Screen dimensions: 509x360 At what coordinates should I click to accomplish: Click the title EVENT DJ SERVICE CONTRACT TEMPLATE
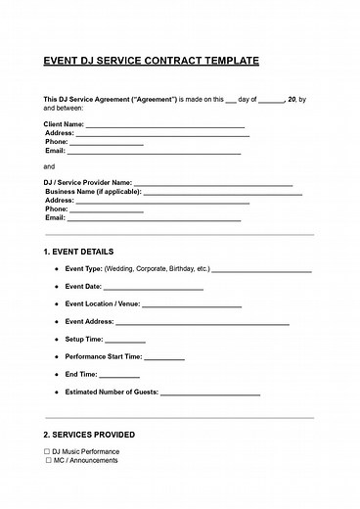[152, 61]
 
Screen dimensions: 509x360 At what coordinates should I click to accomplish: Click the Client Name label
[65, 125]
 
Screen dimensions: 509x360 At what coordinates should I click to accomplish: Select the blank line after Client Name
[165, 127]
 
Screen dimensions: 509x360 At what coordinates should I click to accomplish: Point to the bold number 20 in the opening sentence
[291, 100]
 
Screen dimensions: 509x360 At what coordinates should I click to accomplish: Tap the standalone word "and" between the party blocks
[50, 166]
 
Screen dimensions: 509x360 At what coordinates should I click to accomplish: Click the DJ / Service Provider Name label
[88, 183]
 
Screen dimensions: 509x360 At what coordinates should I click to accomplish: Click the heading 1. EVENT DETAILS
[79, 252]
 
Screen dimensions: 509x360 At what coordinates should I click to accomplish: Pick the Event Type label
[83, 268]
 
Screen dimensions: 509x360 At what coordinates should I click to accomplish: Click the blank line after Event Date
[154, 288]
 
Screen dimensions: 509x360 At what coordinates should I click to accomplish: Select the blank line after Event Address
[202, 323]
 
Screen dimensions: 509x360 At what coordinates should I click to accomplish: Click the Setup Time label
[84, 340]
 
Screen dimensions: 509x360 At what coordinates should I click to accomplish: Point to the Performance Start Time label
[104, 357]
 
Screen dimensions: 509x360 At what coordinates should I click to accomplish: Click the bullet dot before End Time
[56, 375]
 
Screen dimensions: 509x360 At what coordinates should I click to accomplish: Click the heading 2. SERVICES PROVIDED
[90, 435]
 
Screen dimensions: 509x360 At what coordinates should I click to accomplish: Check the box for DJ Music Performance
[47, 451]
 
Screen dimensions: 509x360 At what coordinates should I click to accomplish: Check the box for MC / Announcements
[47, 460]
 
